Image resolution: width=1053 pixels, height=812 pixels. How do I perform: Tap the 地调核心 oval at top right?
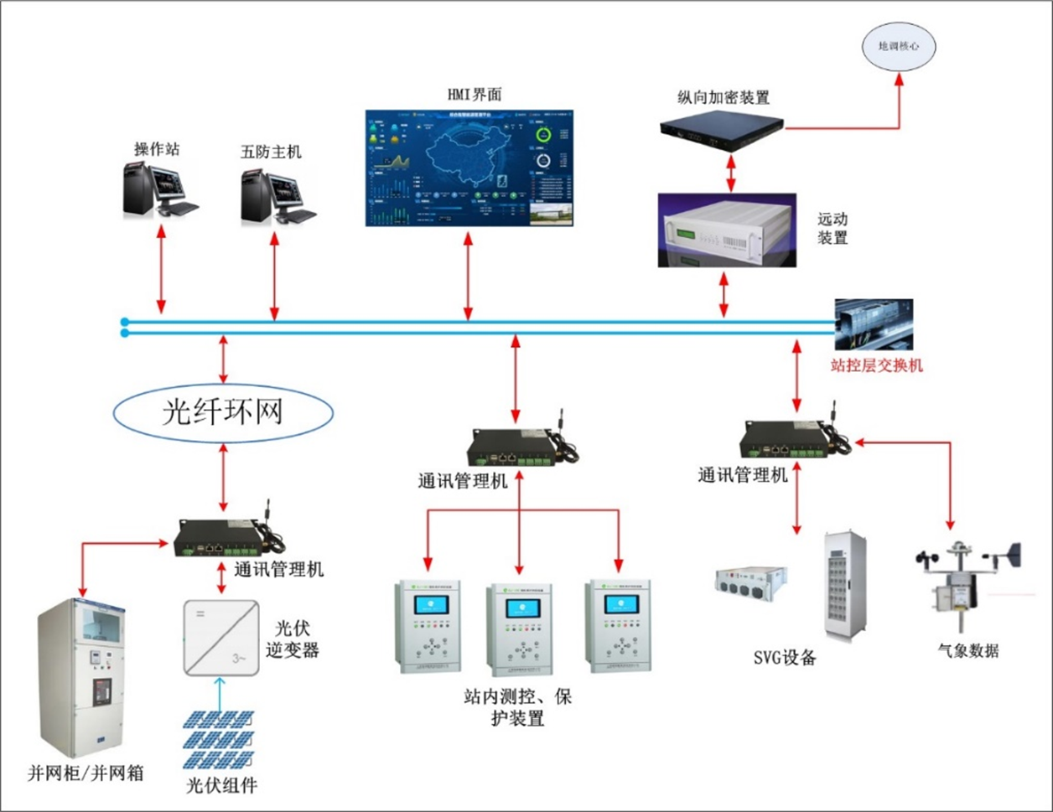pyautogui.click(x=898, y=47)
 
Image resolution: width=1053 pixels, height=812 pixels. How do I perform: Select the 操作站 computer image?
pyautogui.click(x=158, y=189)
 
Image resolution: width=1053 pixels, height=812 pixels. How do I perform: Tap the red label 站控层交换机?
pyautogui.click(x=876, y=365)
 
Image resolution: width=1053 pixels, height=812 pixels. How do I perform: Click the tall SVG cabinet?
pyautogui.click(x=845, y=586)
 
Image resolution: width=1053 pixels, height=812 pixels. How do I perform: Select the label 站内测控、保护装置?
pyautogui.click(x=518, y=707)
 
